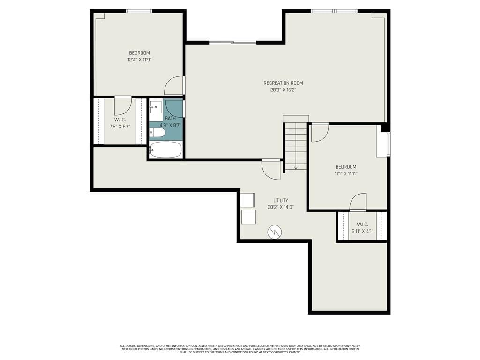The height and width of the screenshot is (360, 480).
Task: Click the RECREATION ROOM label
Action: click(x=283, y=83)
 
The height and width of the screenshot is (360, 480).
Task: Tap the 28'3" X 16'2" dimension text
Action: click(x=283, y=90)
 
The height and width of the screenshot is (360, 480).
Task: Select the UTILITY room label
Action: click(x=281, y=201)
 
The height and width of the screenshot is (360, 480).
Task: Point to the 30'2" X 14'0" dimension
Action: click(x=281, y=207)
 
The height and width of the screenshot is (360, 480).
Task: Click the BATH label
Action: click(x=170, y=119)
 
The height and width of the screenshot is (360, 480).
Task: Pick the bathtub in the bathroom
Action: click(x=166, y=150)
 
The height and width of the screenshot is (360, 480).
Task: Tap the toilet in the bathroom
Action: click(x=157, y=133)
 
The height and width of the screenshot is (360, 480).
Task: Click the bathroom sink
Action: click(x=156, y=107)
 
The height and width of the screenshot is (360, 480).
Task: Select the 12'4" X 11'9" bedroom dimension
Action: click(x=139, y=60)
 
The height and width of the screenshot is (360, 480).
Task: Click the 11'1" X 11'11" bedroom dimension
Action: click(x=346, y=173)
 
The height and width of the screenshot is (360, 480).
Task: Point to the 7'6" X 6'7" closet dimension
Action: click(x=120, y=126)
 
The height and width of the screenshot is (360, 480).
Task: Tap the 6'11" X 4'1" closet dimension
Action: click(x=362, y=231)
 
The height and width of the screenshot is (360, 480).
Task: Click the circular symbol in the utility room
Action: click(x=274, y=232)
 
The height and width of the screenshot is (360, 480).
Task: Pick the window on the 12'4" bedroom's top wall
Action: click(x=139, y=11)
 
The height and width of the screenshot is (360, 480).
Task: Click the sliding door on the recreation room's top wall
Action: click(x=232, y=43)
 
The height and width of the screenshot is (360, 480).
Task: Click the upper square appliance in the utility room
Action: click(x=247, y=200)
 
